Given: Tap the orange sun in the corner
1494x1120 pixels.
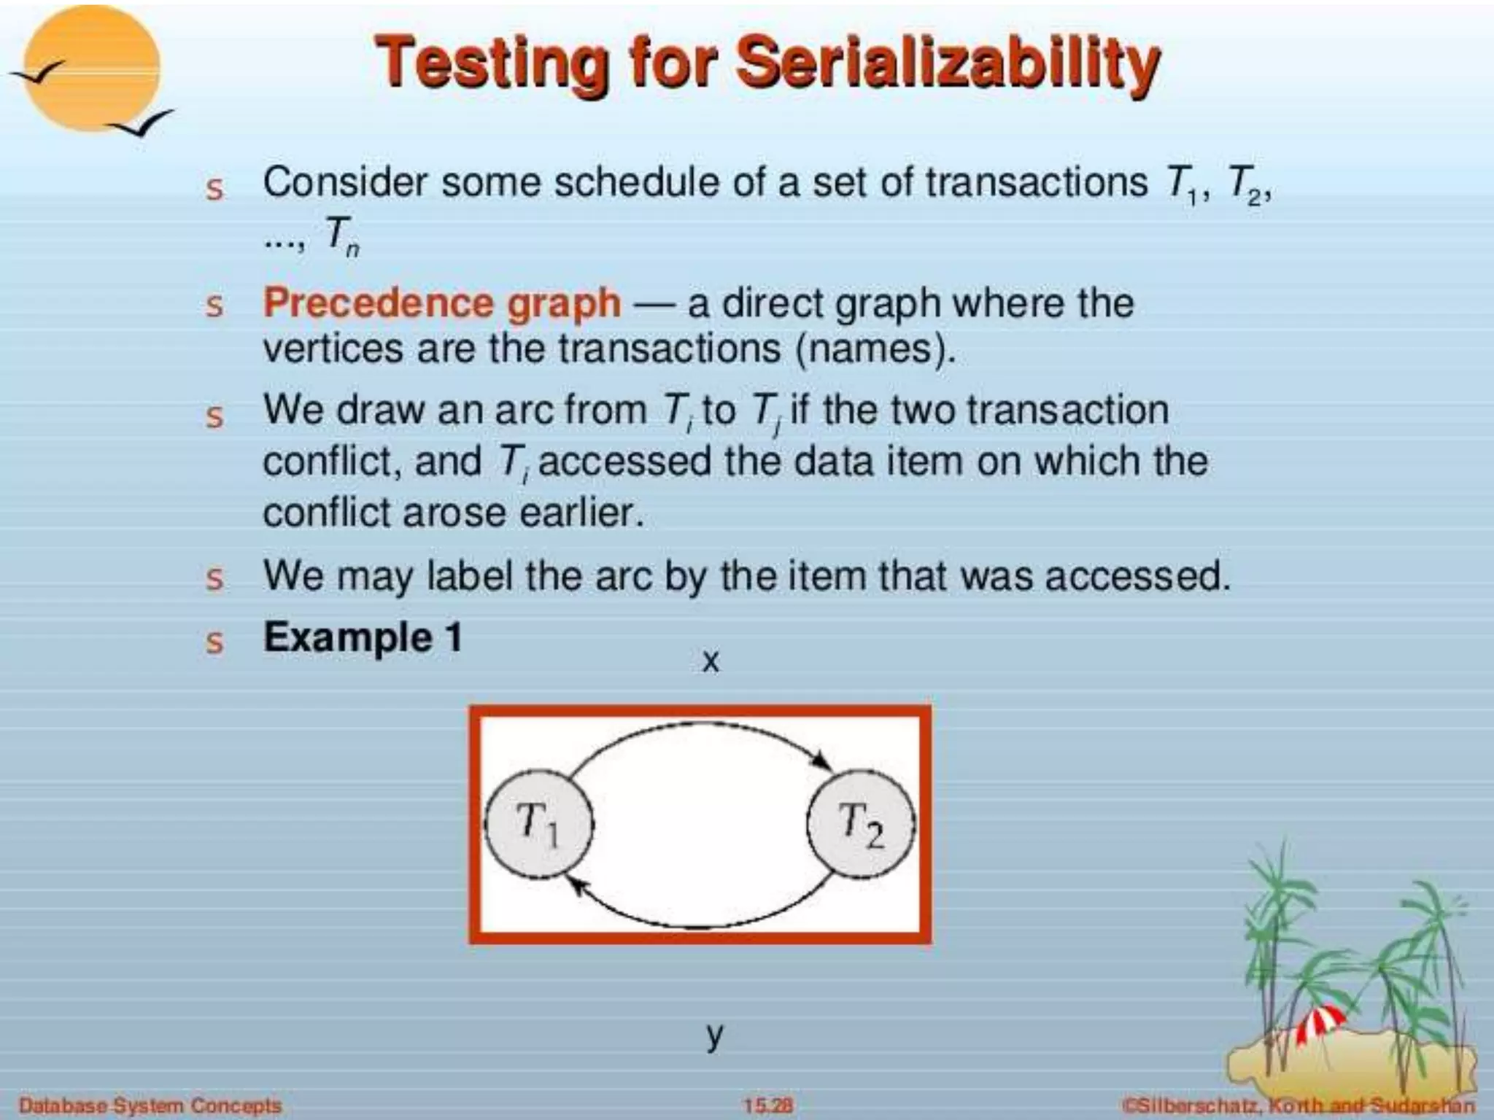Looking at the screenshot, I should [91, 69].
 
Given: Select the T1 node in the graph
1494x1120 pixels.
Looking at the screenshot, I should [539, 824].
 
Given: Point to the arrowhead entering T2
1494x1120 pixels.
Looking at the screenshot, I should [822, 760].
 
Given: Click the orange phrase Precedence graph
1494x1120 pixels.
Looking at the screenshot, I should [442, 303].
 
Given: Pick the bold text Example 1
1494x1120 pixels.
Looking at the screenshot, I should [363, 637].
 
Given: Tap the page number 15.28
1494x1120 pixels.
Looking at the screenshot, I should [767, 1105].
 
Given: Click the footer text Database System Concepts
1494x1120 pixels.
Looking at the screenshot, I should [150, 1105].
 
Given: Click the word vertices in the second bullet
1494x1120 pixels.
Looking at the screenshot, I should [332, 349].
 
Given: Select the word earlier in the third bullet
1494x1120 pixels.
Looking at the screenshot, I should [581, 513].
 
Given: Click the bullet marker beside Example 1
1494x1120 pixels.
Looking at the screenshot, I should [214, 642].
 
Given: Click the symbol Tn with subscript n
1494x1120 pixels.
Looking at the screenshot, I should [341, 236].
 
